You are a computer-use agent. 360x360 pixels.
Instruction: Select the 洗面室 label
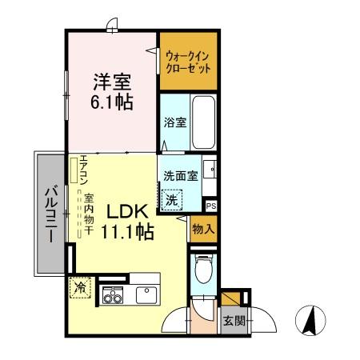[181, 176]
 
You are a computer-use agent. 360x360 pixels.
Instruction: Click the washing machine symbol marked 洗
[171, 201]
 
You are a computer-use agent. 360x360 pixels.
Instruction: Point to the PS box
[211, 206]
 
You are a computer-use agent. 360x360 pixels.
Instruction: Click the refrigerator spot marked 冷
[80, 286]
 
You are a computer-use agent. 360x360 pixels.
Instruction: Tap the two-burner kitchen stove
[111, 297]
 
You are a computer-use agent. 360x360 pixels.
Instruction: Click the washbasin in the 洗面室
[210, 170]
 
